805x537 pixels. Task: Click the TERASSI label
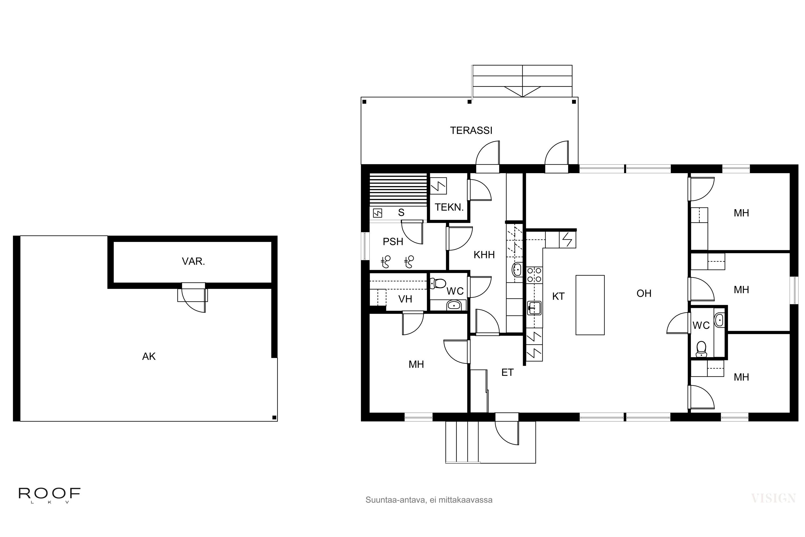(471, 130)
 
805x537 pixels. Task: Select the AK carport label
(149, 357)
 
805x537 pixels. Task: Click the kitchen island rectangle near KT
(590, 305)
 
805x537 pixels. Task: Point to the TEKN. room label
(449, 207)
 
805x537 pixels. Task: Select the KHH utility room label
(484, 255)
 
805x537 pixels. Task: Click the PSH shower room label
(393, 242)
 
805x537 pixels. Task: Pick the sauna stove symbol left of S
(377, 213)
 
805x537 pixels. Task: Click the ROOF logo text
(49, 493)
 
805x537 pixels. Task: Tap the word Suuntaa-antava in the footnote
(396, 500)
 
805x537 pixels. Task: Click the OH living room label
(644, 293)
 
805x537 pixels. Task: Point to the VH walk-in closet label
(405, 299)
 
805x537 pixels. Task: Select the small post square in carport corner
(274, 418)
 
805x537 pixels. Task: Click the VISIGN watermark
(773, 498)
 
